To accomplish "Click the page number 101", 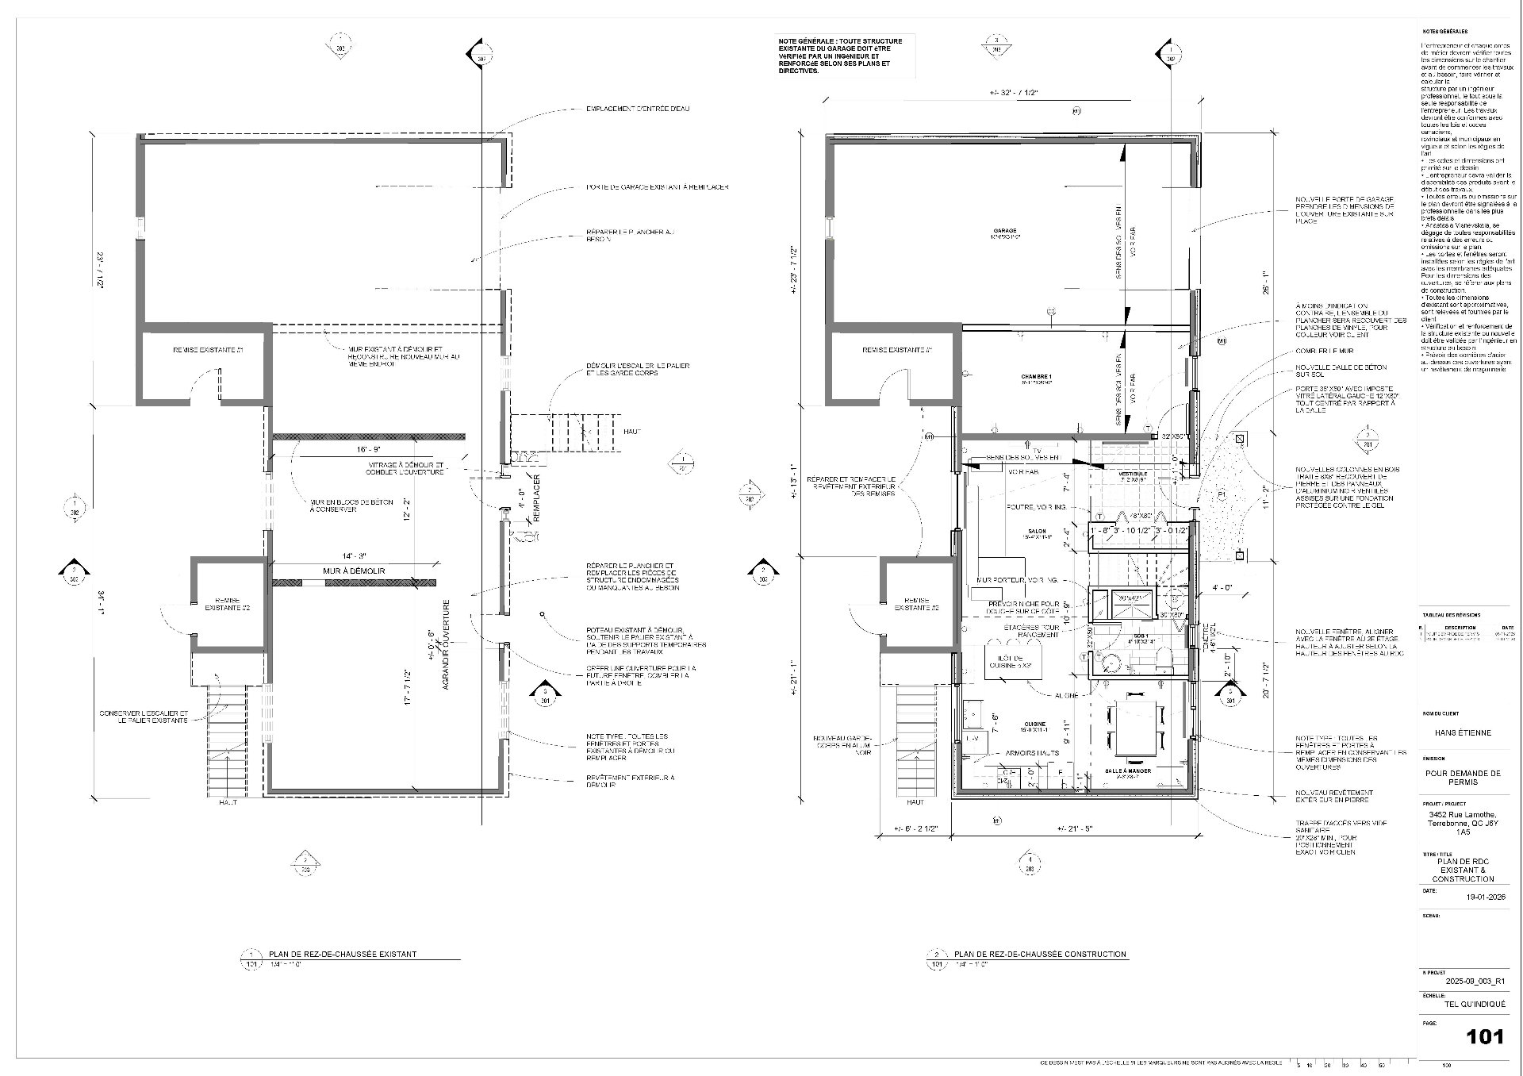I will [1484, 1036].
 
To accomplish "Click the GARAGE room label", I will [1004, 232].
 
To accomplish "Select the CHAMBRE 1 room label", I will [1036, 379].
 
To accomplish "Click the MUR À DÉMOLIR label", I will [353, 571].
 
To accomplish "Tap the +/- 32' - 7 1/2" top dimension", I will [1013, 93].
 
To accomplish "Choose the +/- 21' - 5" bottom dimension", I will [1076, 829].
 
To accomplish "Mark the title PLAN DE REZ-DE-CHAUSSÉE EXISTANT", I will [342, 954].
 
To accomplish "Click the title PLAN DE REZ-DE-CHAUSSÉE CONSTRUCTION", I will [1039, 954].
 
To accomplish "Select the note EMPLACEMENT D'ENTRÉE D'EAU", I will [637, 109].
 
